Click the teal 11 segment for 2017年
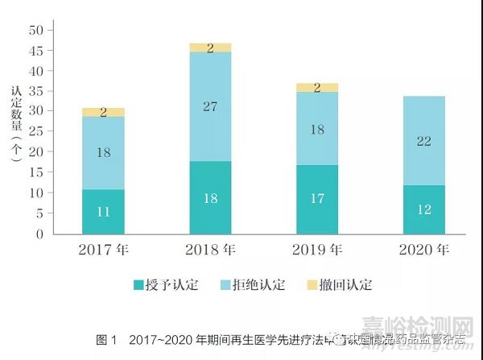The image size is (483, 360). (103, 212)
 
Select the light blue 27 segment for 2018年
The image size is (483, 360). (210, 106)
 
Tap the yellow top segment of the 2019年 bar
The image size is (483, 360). (317, 87)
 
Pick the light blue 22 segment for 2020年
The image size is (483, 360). (424, 141)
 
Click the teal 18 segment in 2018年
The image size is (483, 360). (210, 198)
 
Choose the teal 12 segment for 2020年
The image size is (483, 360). (424, 210)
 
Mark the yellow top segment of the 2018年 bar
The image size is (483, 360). (210, 48)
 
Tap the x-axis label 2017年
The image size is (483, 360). (104, 250)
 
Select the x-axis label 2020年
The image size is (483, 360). (423, 250)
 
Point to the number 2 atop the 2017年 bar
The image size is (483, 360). (103, 113)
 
